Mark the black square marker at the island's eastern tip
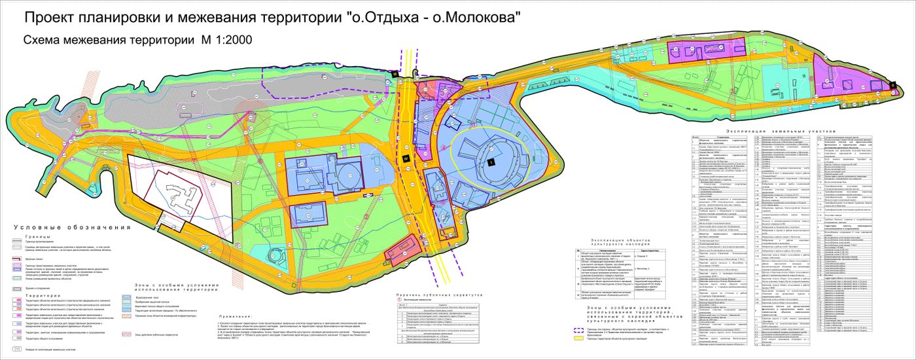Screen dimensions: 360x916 point(892,84)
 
